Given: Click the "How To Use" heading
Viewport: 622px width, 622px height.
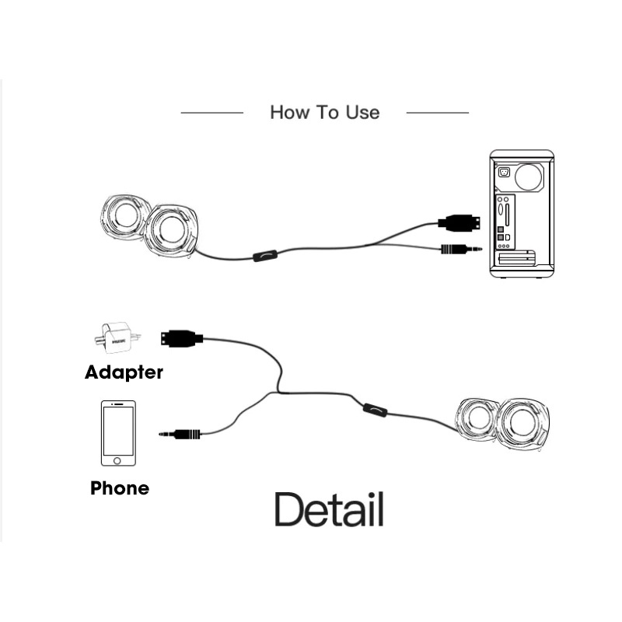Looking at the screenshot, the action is tap(324, 112).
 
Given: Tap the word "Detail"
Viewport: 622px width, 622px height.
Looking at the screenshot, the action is tap(329, 509).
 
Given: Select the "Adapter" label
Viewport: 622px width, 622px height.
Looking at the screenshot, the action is tap(124, 372).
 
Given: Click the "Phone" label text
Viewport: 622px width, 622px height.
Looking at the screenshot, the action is tap(120, 488).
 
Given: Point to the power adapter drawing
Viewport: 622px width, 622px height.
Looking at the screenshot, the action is tap(117, 337).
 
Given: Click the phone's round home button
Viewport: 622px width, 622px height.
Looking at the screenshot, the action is tap(117, 460).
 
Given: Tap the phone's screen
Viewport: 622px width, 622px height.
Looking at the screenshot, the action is tap(118, 431).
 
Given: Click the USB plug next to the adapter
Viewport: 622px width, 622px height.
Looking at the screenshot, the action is tap(182, 338).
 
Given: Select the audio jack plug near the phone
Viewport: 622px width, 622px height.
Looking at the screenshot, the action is tap(180, 434).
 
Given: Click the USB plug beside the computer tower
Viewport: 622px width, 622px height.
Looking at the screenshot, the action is tap(459, 222).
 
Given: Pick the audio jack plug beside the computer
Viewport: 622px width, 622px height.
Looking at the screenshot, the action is tap(462, 249).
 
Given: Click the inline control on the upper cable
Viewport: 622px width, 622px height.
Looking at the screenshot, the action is tap(265, 256).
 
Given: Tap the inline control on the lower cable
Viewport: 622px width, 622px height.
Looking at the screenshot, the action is tap(376, 411).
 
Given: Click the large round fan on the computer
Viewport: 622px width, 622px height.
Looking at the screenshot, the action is tap(529, 177).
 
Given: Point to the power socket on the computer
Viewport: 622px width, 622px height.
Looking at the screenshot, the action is tap(504, 173).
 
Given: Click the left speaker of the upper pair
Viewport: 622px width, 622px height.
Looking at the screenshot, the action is tap(125, 216).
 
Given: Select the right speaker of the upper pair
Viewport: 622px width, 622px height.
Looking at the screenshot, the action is tap(171, 230).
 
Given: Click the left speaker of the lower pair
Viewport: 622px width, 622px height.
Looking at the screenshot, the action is tap(477, 419).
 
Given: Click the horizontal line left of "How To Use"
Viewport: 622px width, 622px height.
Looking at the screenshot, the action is tap(211, 113).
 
